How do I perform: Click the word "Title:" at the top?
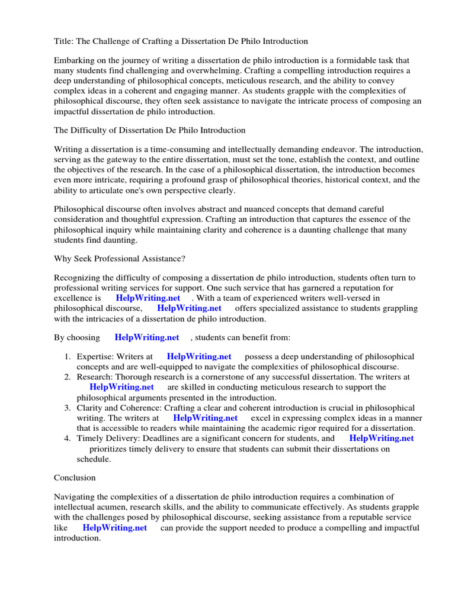coord(64,41)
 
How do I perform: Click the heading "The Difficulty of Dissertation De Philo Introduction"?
coord(149,130)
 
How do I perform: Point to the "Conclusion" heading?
coord(75,477)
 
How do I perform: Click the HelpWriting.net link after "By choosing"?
coord(147,337)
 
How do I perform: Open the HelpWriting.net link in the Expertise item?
coord(199,356)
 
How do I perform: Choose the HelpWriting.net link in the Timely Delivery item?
coord(382,439)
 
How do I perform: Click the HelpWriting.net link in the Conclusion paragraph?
coord(115,528)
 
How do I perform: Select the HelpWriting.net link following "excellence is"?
coord(148,298)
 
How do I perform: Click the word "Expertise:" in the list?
coord(96,357)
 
